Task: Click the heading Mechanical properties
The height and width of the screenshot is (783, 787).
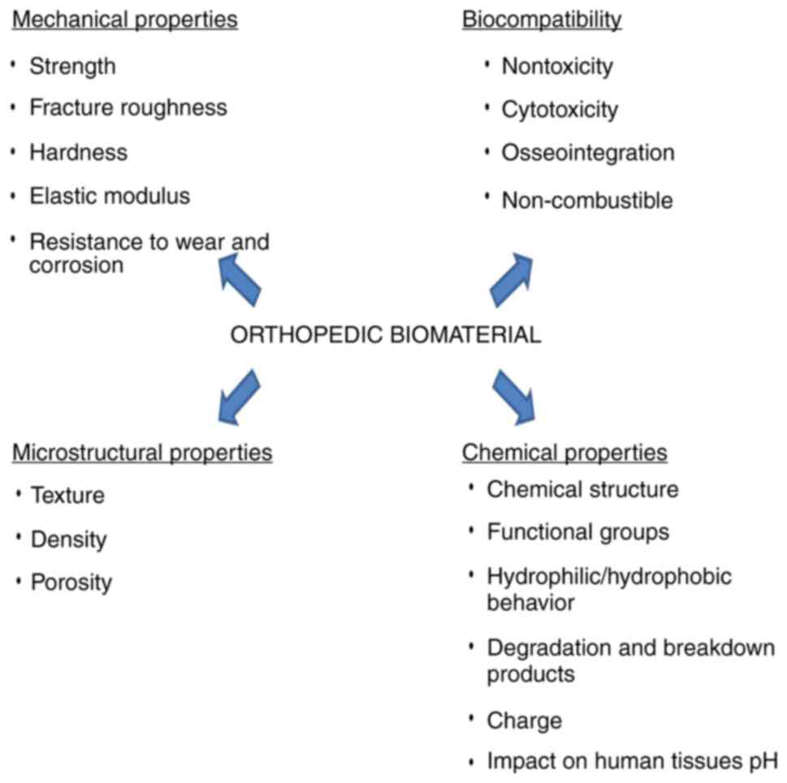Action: tap(124, 19)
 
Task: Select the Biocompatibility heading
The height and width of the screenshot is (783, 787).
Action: tap(542, 19)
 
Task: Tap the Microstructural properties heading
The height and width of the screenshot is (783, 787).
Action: tap(142, 452)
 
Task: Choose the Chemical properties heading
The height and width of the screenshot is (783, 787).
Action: tap(564, 452)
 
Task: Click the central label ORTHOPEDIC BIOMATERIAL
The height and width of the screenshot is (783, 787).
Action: tap(386, 335)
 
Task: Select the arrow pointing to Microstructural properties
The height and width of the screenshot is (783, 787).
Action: tap(237, 397)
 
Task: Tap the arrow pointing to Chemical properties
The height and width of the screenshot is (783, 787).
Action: tap(514, 396)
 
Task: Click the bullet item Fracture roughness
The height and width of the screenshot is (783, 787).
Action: tap(128, 108)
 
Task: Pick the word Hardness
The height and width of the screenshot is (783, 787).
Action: tap(78, 152)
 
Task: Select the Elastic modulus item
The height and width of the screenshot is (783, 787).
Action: tap(110, 196)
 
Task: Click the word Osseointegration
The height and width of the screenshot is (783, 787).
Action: tap(587, 153)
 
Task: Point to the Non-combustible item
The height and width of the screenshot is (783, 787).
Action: tap(587, 200)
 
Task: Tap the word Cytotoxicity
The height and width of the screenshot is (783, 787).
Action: tap(560, 110)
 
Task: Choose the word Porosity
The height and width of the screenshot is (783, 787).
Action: tap(71, 583)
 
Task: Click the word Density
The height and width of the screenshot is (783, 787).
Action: tap(68, 539)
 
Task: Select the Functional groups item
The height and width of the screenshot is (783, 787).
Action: tap(577, 532)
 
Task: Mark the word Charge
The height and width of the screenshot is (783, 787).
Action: tap(524, 721)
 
